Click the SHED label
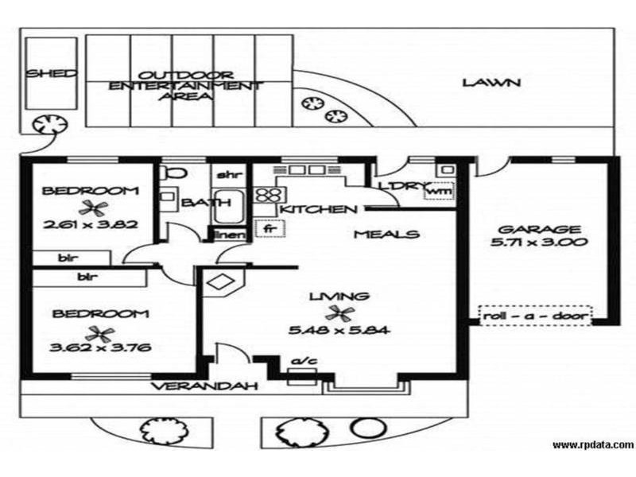(51, 73)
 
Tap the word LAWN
(491, 83)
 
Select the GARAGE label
(539, 230)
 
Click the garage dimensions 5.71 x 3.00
(539, 242)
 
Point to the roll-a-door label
(535, 316)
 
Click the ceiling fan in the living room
(340, 312)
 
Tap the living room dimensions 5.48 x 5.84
(339, 330)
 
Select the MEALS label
(386, 234)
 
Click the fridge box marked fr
(270, 228)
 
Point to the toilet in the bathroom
(172, 173)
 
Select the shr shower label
(230, 175)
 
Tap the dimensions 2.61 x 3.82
(91, 224)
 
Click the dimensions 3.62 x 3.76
(100, 347)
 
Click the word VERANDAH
(205, 386)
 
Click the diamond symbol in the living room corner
(219, 281)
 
